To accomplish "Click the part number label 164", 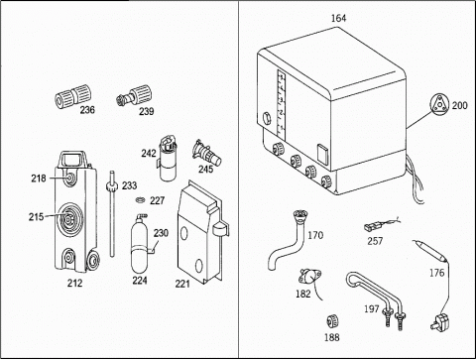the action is point(339,18).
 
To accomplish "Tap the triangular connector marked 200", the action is point(439,104).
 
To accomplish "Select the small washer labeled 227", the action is point(141,199).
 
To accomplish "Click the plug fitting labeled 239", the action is point(134,95).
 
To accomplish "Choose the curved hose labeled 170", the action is point(289,239).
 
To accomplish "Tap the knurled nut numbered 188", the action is point(332,321).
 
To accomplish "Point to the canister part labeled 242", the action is point(169,158).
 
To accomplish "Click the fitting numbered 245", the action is point(206,152).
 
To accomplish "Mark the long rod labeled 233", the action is point(112,213).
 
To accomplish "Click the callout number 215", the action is point(36,217).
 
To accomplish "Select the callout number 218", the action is point(39,179).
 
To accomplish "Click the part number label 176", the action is point(436,273).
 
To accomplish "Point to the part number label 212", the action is point(74,283).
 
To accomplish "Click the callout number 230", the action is point(161,233).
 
